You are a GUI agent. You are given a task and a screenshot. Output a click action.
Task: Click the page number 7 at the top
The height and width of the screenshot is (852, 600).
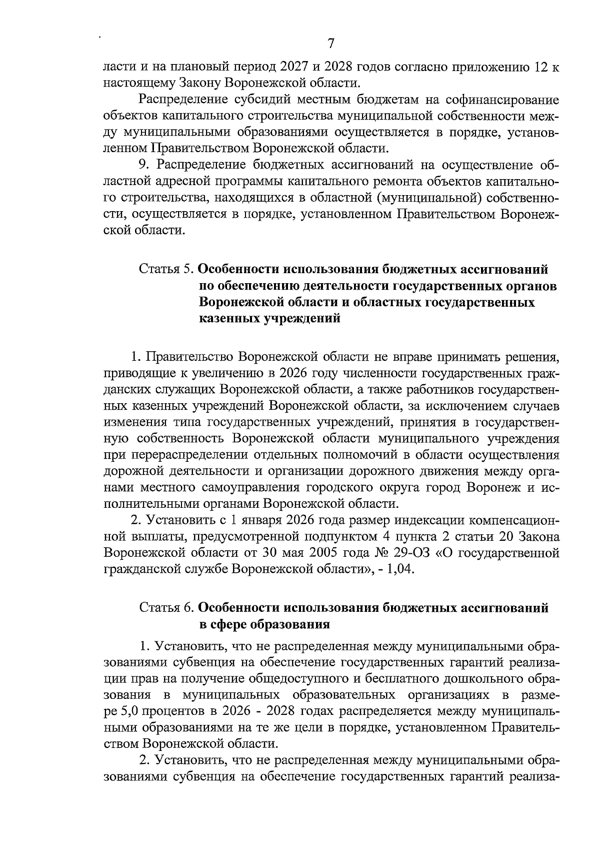(x=330, y=44)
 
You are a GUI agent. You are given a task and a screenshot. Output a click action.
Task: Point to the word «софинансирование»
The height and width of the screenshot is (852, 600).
(x=499, y=100)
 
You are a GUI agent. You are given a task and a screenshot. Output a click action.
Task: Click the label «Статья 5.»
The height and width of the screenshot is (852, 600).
(x=166, y=270)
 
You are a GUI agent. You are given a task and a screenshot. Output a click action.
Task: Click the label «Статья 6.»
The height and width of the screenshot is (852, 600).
(x=166, y=608)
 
